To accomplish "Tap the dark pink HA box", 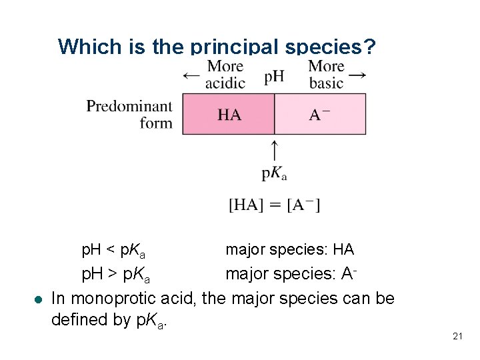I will tap(229, 114).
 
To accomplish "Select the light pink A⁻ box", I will tap(321, 114).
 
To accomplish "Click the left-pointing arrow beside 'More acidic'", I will tap(191, 75).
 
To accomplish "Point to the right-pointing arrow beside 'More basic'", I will tap(357, 75).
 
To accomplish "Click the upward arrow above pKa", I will tap(274, 149).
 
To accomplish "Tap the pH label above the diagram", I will tap(274, 76).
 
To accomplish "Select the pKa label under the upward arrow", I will tap(274, 173).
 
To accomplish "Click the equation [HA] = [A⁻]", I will tap(274, 205).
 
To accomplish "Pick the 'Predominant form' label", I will tap(129, 114).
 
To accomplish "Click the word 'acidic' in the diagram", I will tap(225, 83).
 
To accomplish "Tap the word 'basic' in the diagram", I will tap(327, 83).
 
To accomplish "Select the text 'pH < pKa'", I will tap(113, 251).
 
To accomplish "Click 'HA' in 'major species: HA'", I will tap(343, 250).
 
